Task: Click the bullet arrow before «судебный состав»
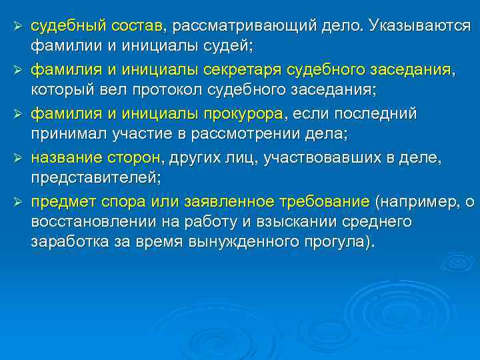pyautogui.click(x=19, y=26)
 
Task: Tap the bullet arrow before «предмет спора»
pyautogui.click(x=19, y=201)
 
